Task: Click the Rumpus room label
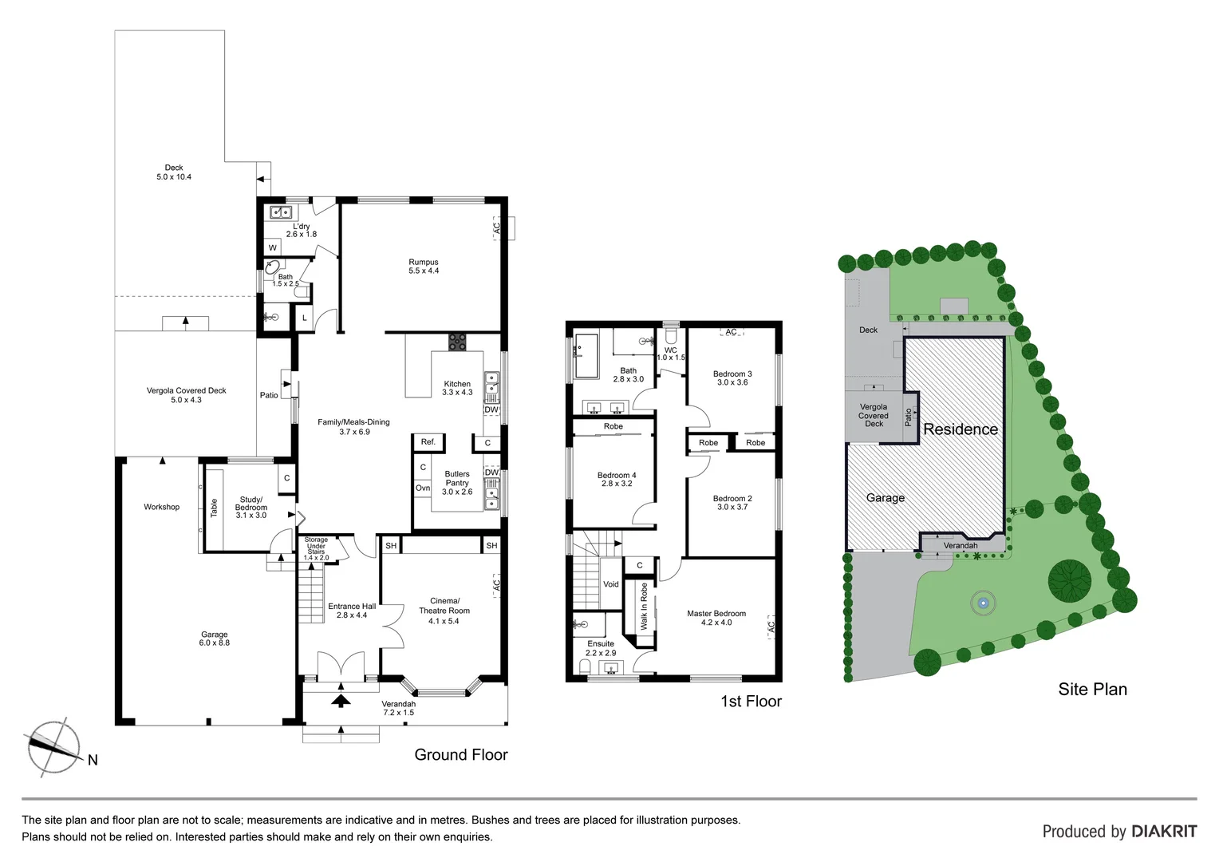424,266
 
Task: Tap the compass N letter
93,760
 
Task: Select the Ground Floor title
460,754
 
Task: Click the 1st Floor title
751,701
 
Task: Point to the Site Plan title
1092,689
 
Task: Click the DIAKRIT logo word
1163,831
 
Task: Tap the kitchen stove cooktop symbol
457,342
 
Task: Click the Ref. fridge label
428,441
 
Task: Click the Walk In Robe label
645,607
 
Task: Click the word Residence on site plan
961,429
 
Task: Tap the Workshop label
161,507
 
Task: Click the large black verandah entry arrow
341,700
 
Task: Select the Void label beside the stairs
611,584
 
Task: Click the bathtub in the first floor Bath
586,356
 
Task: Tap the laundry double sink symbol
280,212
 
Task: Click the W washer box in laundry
273,247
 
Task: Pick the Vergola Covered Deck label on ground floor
186,395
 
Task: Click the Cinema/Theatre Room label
444,611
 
